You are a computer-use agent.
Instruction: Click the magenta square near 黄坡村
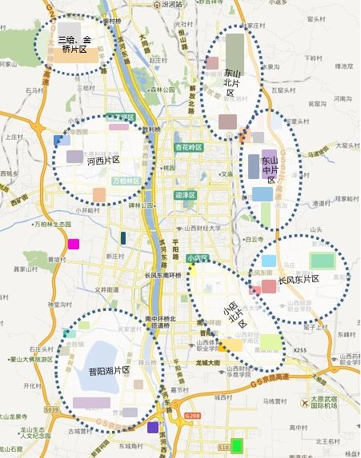pyautogui.click(x=73, y=245)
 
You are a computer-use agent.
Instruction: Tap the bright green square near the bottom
pyautogui.click(x=237, y=445)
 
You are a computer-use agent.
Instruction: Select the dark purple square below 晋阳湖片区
pyautogui.click(x=153, y=428)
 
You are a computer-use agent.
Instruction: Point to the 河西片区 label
pyautogui.click(x=102, y=161)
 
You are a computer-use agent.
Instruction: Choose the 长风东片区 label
pyautogui.click(x=299, y=280)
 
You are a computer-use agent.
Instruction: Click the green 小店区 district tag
pyautogui.click(x=195, y=258)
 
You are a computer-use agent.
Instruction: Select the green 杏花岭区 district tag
pyautogui.click(x=189, y=147)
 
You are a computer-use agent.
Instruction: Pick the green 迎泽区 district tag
pyautogui.click(x=185, y=194)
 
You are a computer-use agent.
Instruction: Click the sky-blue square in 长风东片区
pyautogui.click(x=268, y=261)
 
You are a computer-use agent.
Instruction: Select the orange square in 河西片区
pyautogui.click(x=99, y=194)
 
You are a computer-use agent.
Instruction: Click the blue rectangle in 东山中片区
pyautogui.click(x=263, y=193)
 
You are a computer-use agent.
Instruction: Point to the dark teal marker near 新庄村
pyautogui.click(x=123, y=237)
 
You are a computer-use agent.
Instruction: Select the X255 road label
pyautogui.click(x=300, y=350)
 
